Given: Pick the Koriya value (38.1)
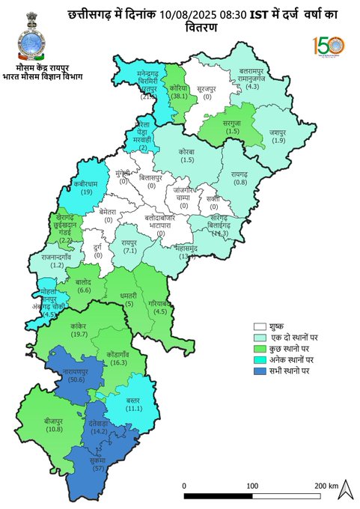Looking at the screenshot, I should (177, 97).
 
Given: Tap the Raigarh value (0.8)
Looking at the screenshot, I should (240, 183).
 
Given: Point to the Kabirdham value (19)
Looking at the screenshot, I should (86, 192).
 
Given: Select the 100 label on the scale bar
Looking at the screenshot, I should (253, 486).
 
